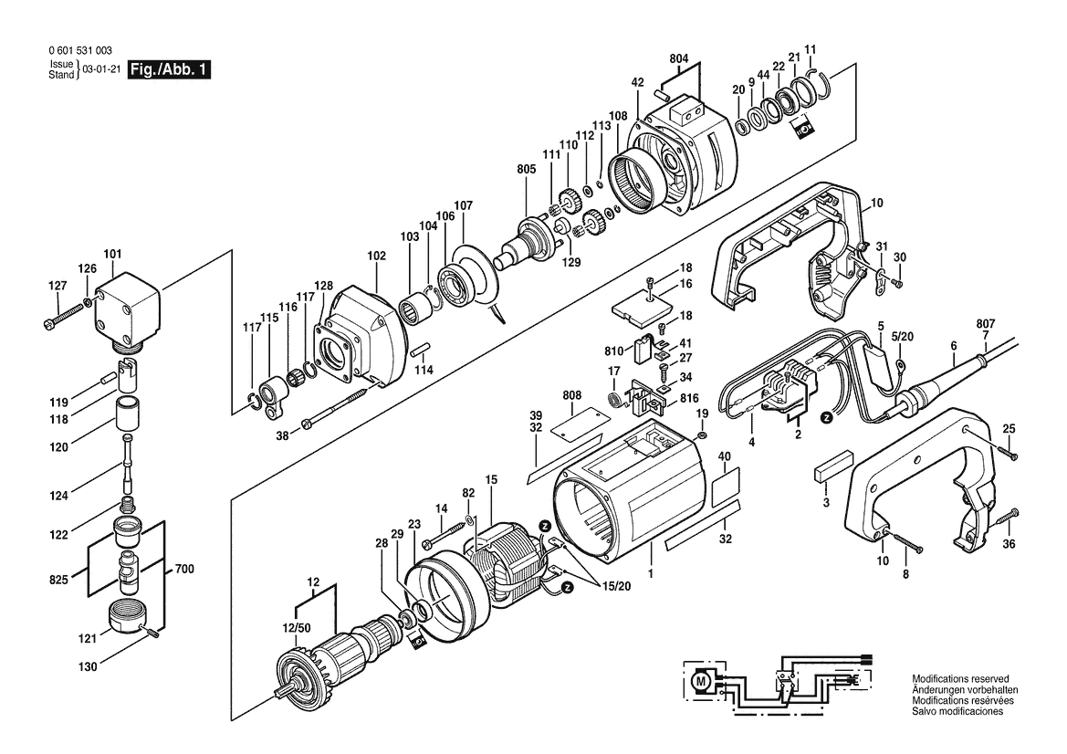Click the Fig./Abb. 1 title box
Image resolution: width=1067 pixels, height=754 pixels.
pos(170,69)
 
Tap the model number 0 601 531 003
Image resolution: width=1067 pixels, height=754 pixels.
pos(80,51)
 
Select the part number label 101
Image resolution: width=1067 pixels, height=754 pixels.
pos(112,255)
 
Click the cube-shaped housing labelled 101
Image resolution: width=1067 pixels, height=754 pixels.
pos(127,311)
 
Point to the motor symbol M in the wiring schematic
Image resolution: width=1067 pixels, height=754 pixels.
pos(699,679)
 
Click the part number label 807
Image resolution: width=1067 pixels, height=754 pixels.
pos(986,324)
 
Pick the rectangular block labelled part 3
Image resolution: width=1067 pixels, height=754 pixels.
pos(832,466)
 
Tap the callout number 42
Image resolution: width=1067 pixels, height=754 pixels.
pos(637,82)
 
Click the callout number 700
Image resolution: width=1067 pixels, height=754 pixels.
pos(184,568)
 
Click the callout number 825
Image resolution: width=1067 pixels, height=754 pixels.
pos(59,580)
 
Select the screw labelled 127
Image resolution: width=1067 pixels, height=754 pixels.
pos(63,317)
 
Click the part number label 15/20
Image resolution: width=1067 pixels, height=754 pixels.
pos(616,585)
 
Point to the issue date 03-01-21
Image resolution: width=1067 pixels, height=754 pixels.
pos(100,69)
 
